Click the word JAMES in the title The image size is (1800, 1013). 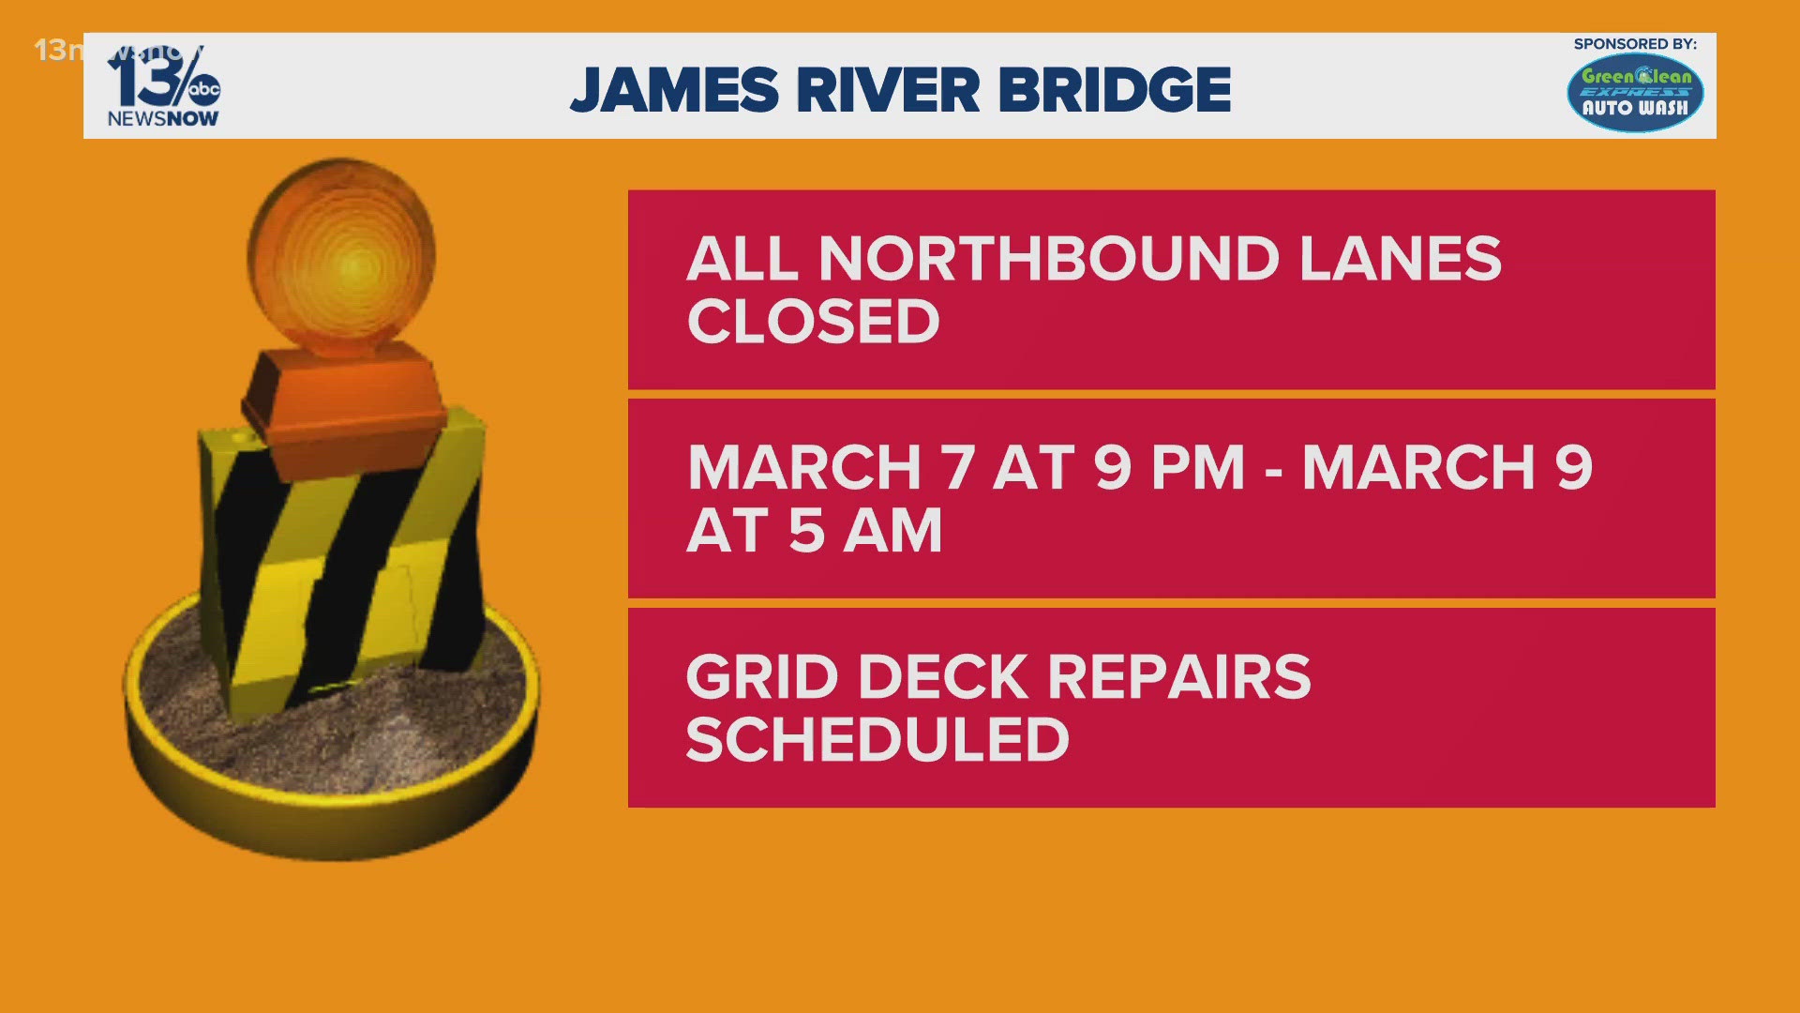674,91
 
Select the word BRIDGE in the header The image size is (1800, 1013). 1115,91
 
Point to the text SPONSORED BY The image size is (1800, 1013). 1635,44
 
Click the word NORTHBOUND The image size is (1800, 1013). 1049,259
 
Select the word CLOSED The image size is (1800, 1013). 813,322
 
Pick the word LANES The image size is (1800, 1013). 1401,259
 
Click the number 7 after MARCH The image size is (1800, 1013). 958,468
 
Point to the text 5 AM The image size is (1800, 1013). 864,531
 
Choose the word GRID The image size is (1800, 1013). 761,677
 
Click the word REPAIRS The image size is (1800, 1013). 1178,677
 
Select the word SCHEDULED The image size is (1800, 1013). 877,740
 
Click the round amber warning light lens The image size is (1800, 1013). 342,258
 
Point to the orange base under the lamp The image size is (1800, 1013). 344,399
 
